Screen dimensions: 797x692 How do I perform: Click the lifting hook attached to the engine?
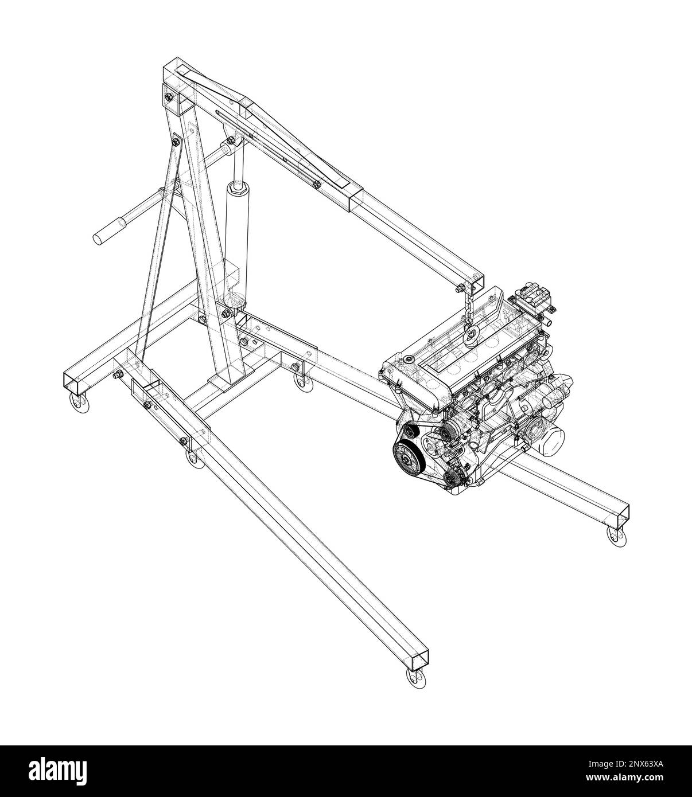[474, 336]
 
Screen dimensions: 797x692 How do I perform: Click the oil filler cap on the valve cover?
[407, 360]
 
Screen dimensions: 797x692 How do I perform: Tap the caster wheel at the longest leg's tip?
[415, 678]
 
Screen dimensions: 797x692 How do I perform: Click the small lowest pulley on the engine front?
[453, 475]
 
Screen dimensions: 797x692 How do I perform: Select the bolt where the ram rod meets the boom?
[231, 140]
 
